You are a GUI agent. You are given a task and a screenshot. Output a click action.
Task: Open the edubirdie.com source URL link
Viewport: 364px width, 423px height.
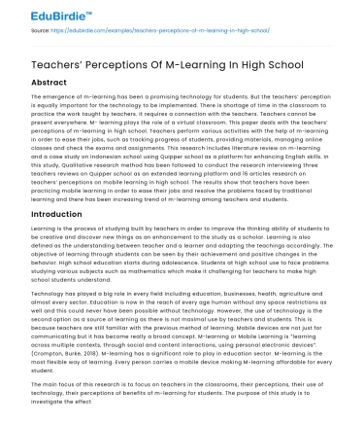tap(146, 31)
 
